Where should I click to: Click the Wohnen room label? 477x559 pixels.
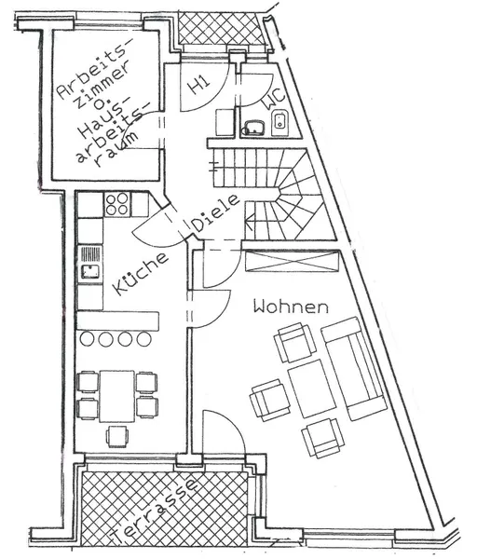point(291,307)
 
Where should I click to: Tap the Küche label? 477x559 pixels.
point(140,274)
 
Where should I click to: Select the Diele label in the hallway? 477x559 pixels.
point(215,212)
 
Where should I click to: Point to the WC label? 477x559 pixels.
point(275,98)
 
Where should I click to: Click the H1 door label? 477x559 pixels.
point(198,86)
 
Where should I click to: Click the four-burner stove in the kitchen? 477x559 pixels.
point(117,204)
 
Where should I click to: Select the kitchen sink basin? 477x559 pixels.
point(89,272)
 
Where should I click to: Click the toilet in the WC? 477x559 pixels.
point(280,123)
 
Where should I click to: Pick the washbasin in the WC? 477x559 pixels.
point(253,128)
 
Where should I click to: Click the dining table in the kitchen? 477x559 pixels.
point(117,396)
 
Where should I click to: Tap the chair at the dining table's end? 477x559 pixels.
point(117,436)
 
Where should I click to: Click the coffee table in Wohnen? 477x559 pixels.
point(312,389)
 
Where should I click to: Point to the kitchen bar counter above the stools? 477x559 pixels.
point(118,320)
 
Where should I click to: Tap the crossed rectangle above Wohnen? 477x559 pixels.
point(292,261)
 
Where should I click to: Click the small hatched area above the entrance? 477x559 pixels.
point(222,29)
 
